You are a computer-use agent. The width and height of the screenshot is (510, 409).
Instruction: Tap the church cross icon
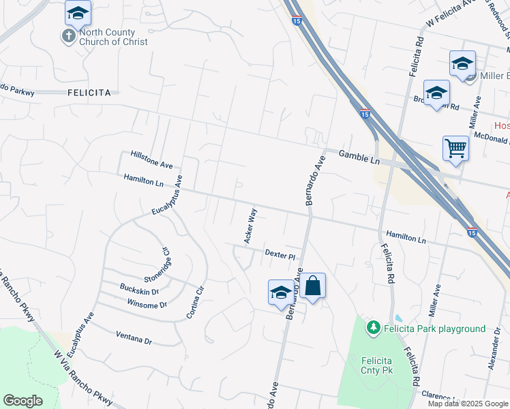(69, 36)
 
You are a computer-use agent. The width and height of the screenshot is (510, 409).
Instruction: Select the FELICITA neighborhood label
(89, 92)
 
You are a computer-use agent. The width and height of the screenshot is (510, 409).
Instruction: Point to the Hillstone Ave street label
(152, 160)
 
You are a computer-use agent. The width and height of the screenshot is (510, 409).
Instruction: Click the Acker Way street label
(250, 226)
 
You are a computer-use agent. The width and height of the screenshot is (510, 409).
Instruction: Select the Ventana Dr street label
(134, 339)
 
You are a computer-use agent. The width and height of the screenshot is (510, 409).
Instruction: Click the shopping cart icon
(455, 147)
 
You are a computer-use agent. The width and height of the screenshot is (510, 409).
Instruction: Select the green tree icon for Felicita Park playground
(373, 329)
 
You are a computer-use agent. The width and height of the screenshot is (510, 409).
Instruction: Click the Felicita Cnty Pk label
(376, 365)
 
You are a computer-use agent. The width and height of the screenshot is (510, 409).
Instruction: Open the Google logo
(22, 401)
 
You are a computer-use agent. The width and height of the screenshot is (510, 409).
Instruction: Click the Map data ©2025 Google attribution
(467, 404)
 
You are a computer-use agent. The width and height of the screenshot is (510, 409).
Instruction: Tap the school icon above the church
(78, 13)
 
